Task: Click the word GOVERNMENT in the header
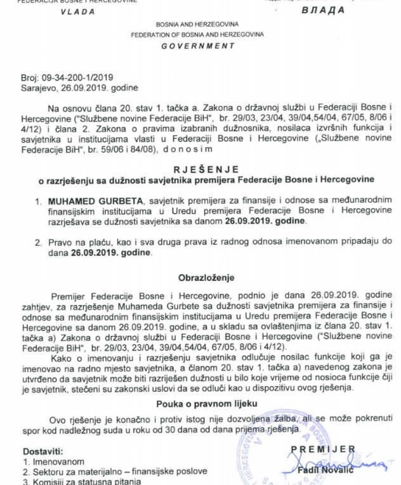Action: tap(199, 46)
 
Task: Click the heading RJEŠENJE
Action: tap(201, 169)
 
